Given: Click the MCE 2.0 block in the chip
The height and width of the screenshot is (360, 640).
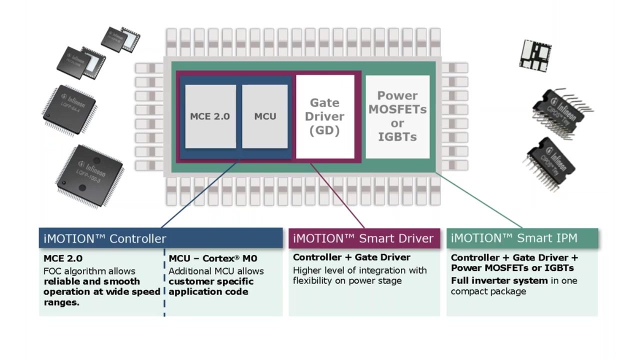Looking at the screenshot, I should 210,116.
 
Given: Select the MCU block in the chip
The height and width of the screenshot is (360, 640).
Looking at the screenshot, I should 265,116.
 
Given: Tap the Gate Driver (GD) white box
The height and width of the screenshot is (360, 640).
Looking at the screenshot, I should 325,116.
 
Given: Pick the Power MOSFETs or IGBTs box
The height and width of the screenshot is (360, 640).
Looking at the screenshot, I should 397,116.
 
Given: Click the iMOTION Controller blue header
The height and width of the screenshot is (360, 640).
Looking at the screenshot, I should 160,238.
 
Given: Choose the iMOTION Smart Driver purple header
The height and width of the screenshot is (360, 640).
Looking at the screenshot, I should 364,238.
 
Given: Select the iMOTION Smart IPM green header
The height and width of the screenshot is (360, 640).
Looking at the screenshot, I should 522,238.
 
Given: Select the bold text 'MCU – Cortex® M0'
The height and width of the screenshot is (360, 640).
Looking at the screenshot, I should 213,258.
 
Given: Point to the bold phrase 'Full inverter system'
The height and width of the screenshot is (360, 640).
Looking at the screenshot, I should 499,280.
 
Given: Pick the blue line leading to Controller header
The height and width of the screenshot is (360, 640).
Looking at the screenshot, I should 200,195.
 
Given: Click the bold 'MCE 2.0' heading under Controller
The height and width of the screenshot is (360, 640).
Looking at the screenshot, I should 63,258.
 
